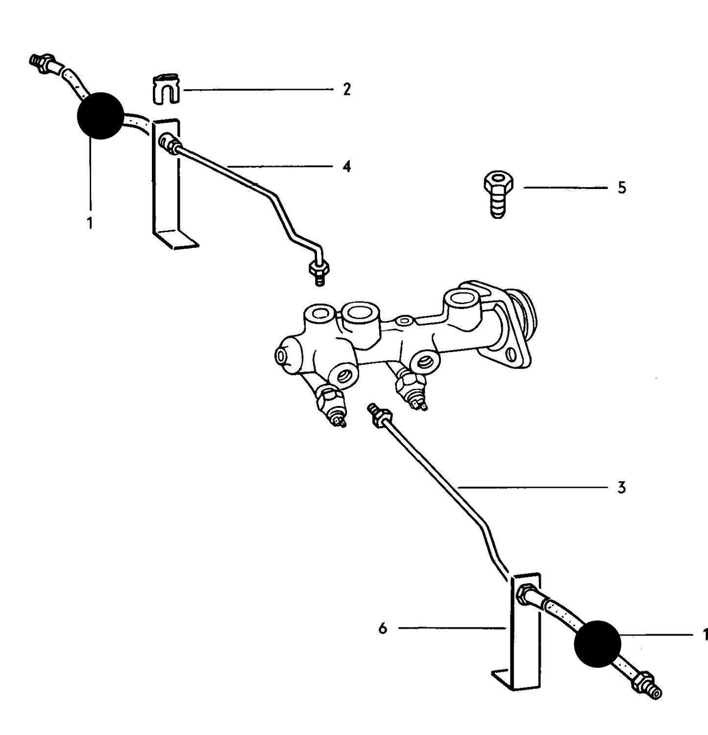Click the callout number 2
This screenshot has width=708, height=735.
(347, 90)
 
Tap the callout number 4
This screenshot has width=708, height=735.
(347, 166)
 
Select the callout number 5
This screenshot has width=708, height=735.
(622, 188)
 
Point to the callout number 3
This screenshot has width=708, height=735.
(621, 488)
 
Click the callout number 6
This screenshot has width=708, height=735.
(383, 628)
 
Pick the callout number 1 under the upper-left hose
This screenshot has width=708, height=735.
(90, 223)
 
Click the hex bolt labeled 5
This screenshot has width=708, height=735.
(498, 194)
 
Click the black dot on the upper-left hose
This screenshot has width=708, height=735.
(100, 115)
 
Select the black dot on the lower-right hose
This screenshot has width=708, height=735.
(598, 643)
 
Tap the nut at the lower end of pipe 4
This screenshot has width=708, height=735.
(318, 271)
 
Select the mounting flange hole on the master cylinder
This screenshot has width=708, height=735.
(511, 354)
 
